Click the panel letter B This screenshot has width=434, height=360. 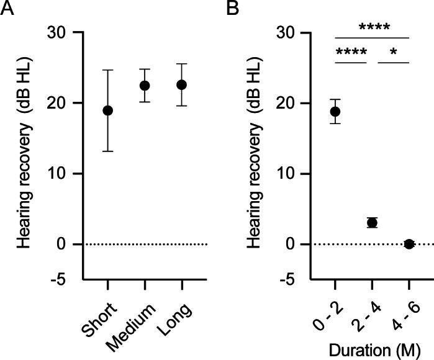coord(234,8)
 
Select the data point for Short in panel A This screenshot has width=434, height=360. coord(108,110)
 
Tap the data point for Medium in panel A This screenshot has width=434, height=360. coord(145,86)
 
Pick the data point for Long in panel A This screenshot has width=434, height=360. coord(181,84)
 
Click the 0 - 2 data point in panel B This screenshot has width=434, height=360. coord(335,112)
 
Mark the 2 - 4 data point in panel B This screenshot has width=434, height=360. coord(372,222)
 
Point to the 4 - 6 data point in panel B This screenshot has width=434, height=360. coord(409,244)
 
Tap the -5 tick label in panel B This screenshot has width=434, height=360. coord(287,280)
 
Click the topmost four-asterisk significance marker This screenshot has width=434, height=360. coord(373,27)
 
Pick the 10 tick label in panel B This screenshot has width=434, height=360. coord(286,174)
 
